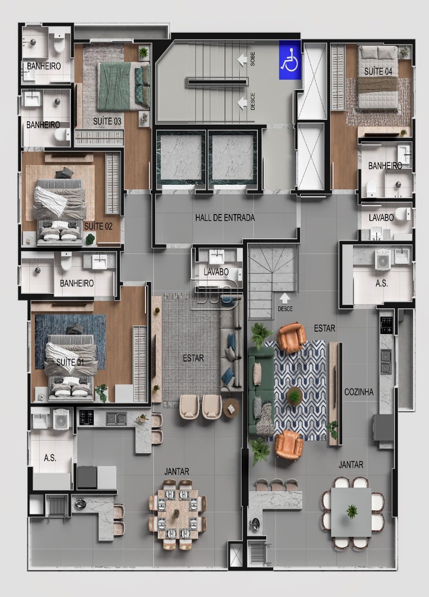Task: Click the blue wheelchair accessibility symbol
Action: click(x=290, y=59)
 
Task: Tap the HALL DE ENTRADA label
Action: click(x=225, y=218)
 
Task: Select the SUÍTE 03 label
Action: click(x=107, y=121)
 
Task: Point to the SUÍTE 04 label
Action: click(x=378, y=71)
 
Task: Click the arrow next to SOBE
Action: click(x=242, y=59)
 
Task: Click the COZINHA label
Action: click(x=359, y=392)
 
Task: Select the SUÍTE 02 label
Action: click(x=98, y=226)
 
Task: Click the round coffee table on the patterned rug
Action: click(x=295, y=396)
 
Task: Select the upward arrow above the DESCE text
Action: click(x=285, y=298)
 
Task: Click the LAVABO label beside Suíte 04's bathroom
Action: click(x=381, y=218)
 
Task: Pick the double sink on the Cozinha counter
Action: click(x=386, y=361)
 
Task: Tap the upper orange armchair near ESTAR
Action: click(x=292, y=337)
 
